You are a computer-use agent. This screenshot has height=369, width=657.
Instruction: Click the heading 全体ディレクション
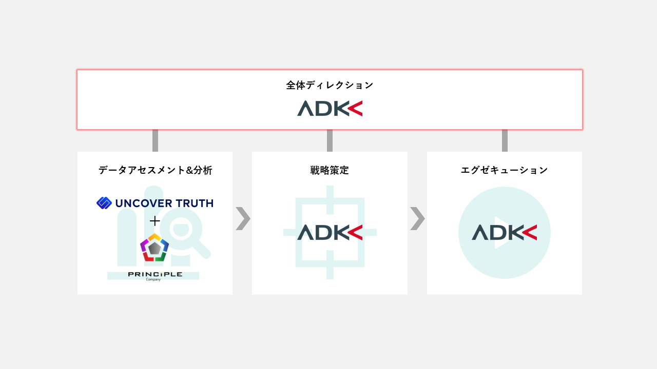pyautogui.click(x=330, y=85)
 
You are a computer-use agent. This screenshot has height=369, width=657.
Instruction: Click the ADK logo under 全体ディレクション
pyautogui.click(x=330, y=108)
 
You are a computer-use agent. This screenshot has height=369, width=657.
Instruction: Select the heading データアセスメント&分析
pyautogui.click(x=155, y=170)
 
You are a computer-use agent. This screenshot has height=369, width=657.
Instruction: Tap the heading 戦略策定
pyautogui.click(x=330, y=170)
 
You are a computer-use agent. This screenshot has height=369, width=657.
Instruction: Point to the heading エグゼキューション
pyautogui.click(x=504, y=170)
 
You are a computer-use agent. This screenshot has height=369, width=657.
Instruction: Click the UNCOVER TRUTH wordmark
pyautogui.click(x=164, y=203)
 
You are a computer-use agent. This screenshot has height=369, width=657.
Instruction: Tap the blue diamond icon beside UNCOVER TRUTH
pyautogui.click(x=104, y=203)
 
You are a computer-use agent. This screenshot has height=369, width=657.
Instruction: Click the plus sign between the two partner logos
pyautogui.click(x=155, y=221)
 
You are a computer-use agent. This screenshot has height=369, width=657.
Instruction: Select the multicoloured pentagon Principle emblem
pyautogui.click(x=154, y=248)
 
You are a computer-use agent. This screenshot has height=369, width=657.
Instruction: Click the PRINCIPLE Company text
pyautogui.click(x=155, y=276)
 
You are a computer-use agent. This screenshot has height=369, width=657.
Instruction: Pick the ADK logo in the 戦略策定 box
pyautogui.click(x=330, y=232)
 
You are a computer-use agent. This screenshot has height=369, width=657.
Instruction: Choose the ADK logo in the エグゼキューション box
pyautogui.click(x=504, y=232)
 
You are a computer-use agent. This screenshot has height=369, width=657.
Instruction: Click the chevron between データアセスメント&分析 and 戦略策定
pyautogui.click(x=242, y=218)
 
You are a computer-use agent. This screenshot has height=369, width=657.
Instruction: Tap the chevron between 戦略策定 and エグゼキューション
pyautogui.click(x=417, y=218)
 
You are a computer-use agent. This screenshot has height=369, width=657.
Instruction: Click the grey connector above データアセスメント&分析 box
pyautogui.click(x=155, y=140)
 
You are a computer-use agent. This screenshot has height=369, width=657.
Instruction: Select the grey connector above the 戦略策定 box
pyautogui.click(x=330, y=140)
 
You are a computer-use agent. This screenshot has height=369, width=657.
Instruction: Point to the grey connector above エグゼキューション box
pyautogui.click(x=505, y=140)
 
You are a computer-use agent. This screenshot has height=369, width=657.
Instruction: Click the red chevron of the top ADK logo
pyautogui.click(x=355, y=108)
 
